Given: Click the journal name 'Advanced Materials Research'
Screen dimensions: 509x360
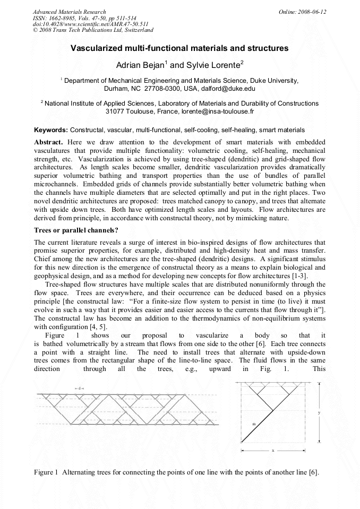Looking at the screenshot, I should (x=69, y=12).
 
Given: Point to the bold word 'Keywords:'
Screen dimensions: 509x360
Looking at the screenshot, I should (x=51, y=130).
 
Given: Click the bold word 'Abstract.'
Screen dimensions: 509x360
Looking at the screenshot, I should (x=49, y=143).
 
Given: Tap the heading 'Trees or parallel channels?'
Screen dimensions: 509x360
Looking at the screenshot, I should (x=76, y=230).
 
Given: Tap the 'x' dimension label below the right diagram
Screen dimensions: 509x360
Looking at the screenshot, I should (x=272, y=451).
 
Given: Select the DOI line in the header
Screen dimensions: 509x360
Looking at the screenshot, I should (x=90, y=24).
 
